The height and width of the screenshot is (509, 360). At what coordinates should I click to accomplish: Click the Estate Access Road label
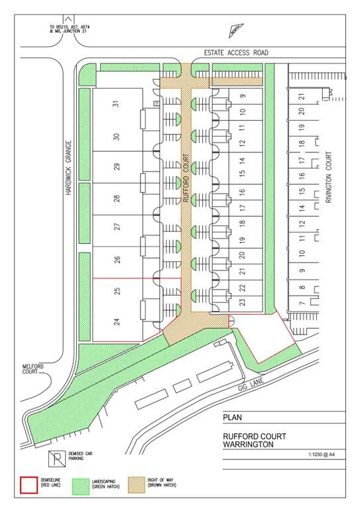pos(236,52)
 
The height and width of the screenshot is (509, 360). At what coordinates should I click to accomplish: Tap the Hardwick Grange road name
pos(68,168)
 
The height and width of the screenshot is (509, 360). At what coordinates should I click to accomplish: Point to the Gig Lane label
pos(251,384)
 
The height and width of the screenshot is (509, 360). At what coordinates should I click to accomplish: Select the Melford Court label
pos(32,368)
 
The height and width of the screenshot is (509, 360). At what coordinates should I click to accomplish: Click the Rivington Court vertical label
pos(329,177)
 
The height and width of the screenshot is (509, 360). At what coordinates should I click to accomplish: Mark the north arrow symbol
pos(236,31)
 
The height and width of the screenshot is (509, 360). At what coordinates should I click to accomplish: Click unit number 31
pos(117,103)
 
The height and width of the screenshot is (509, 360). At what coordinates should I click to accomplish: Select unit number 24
pos(117,321)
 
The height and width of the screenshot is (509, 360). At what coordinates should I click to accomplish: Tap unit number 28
pos(117,198)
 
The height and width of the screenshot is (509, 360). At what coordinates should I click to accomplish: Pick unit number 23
pos(242,302)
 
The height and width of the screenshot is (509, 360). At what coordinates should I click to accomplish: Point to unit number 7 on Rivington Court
pos(302,303)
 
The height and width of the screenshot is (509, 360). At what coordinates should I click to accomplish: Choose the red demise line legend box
pos(29,485)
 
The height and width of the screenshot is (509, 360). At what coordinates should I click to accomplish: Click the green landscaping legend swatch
pos(80,486)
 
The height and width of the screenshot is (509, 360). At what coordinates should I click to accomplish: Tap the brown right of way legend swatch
pos(137,485)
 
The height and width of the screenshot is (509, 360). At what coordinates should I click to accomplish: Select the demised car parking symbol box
pos(57,459)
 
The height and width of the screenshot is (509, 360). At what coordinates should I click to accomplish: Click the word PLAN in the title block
pos(233,418)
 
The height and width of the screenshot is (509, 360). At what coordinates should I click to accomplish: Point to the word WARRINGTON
pos(249,445)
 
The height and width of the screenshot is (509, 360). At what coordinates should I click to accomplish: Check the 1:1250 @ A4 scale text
pos(322,455)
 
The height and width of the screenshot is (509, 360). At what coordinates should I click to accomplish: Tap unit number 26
pos(117,260)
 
